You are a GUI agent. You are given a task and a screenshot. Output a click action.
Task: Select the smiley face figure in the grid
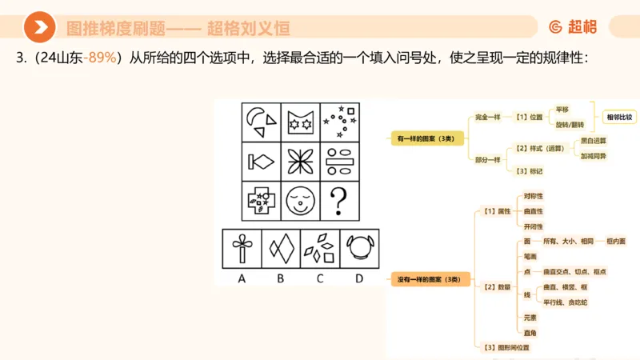(x=299, y=199)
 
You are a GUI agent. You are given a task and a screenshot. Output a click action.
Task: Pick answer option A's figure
(x=241, y=248)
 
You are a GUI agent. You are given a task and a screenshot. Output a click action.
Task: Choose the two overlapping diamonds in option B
(x=281, y=248)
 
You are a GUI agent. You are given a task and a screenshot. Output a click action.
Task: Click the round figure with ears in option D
(x=359, y=248)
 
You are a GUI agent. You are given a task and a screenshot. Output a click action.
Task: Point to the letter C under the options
(x=320, y=278)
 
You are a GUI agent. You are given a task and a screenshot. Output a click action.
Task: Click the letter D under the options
(x=359, y=278)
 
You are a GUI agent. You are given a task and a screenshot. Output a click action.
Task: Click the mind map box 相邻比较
(x=618, y=117)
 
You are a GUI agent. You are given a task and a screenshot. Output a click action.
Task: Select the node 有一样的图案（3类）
(x=425, y=138)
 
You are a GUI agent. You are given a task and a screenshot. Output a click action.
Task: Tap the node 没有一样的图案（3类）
(x=430, y=280)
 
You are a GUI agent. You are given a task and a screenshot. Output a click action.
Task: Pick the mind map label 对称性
(x=534, y=196)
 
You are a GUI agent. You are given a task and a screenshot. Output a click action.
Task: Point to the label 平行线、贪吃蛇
(x=565, y=302)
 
